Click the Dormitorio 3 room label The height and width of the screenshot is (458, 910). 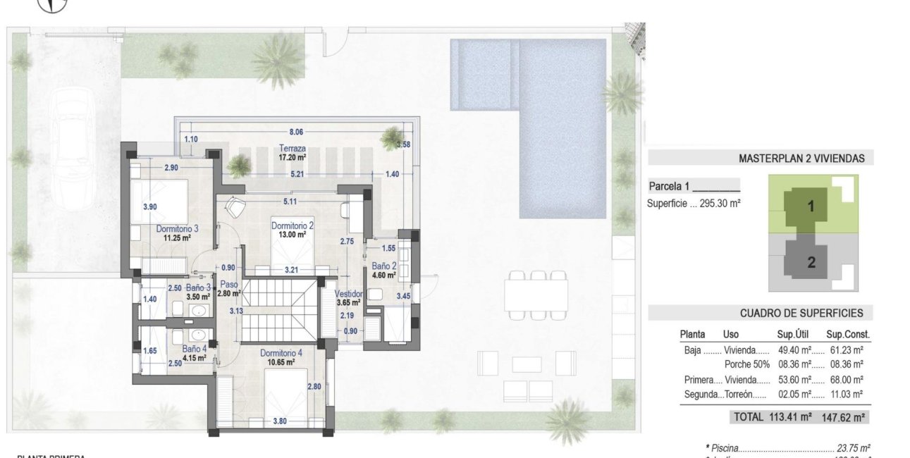[176, 228]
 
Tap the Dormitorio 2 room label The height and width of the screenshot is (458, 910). [292, 225]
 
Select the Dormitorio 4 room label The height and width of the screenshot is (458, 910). [281, 353]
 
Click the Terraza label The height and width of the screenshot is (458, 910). [292, 149]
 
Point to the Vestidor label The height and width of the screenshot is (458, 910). [348, 294]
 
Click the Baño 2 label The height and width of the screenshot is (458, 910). [385, 266]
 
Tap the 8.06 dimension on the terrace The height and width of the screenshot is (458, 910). [295, 132]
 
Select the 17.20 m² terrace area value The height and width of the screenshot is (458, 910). [292, 159]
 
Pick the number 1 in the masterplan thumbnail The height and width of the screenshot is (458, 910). [811, 206]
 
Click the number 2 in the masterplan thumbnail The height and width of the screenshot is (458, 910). [811, 262]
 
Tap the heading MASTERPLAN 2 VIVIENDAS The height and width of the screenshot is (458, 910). [801, 159]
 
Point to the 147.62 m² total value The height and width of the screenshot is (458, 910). [843, 416]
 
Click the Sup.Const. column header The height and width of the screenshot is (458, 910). [848, 335]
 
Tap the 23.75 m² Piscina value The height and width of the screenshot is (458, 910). [854, 448]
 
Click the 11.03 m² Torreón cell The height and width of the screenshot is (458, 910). [848, 395]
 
